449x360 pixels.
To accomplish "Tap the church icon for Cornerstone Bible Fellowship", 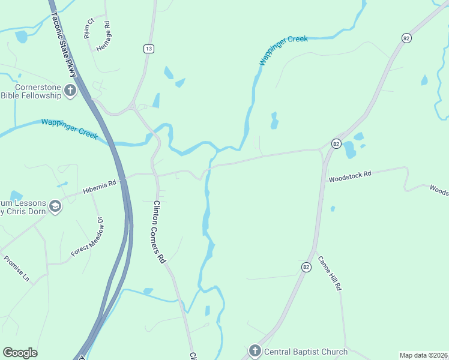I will (71, 91).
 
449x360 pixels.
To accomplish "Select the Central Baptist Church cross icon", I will (255, 351).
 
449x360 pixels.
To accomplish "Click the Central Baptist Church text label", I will (305, 352).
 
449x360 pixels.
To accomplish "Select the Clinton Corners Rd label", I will (159, 232).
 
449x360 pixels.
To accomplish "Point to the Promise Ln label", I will (16, 269).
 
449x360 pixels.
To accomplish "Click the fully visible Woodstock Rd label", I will (350, 175).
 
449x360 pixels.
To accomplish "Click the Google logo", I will (20, 353).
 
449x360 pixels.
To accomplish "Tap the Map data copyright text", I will (424, 355).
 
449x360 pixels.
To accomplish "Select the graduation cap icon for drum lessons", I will (55, 206).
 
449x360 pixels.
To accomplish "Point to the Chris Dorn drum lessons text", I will (23, 206).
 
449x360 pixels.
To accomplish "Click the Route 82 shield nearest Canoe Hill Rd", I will (306, 267).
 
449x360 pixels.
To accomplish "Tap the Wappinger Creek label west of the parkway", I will (69, 128).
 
